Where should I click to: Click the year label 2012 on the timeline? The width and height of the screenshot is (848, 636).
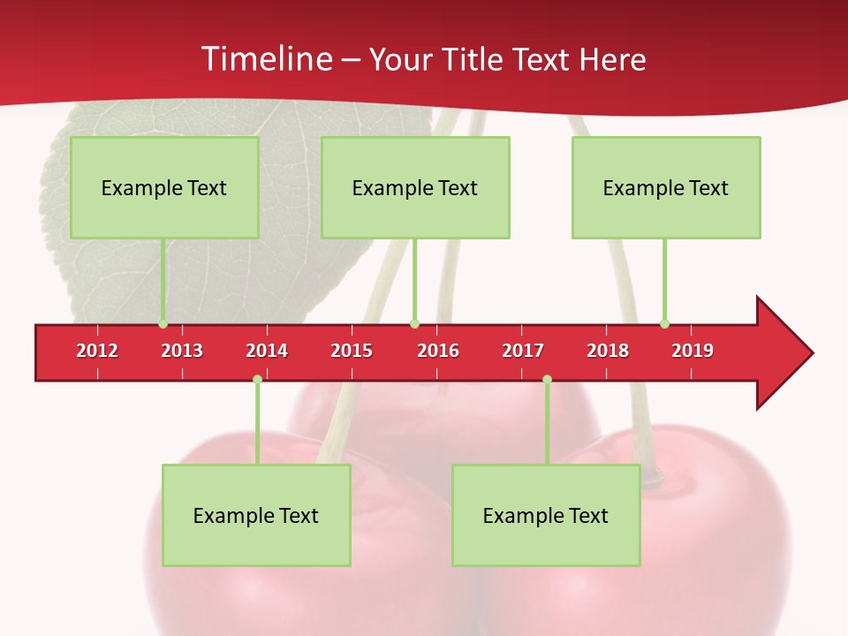[97, 351]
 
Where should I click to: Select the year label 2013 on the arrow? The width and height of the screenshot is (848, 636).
[182, 351]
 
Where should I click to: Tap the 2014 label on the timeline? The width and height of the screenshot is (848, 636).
[267, 351]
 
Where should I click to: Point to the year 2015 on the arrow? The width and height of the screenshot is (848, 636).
[352, 351]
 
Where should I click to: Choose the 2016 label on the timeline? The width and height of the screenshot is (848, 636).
[438, 351]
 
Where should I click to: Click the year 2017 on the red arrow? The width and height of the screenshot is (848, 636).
[523, 351]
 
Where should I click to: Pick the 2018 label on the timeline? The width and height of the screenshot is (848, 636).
[608, 351]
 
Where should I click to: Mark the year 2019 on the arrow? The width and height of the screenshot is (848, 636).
[693, 351]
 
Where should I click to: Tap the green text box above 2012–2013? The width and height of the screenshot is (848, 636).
[164, 187]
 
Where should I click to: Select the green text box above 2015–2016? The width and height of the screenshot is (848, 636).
[415, 187]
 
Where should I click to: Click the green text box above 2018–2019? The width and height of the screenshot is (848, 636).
[666, 187]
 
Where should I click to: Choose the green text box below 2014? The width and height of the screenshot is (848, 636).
[256, 515]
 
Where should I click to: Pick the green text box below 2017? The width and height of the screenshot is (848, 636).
[546, 515]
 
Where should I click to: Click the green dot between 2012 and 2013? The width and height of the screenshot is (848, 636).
[163, 323]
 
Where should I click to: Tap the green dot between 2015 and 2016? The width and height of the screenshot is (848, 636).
[414, 323]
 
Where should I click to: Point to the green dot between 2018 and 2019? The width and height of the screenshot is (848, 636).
[664, 323]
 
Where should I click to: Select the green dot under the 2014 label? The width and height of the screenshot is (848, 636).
[257, 380]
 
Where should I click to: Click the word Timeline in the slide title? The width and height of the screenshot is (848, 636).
[265, 59]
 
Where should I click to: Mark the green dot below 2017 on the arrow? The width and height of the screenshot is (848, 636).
[547, 380]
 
